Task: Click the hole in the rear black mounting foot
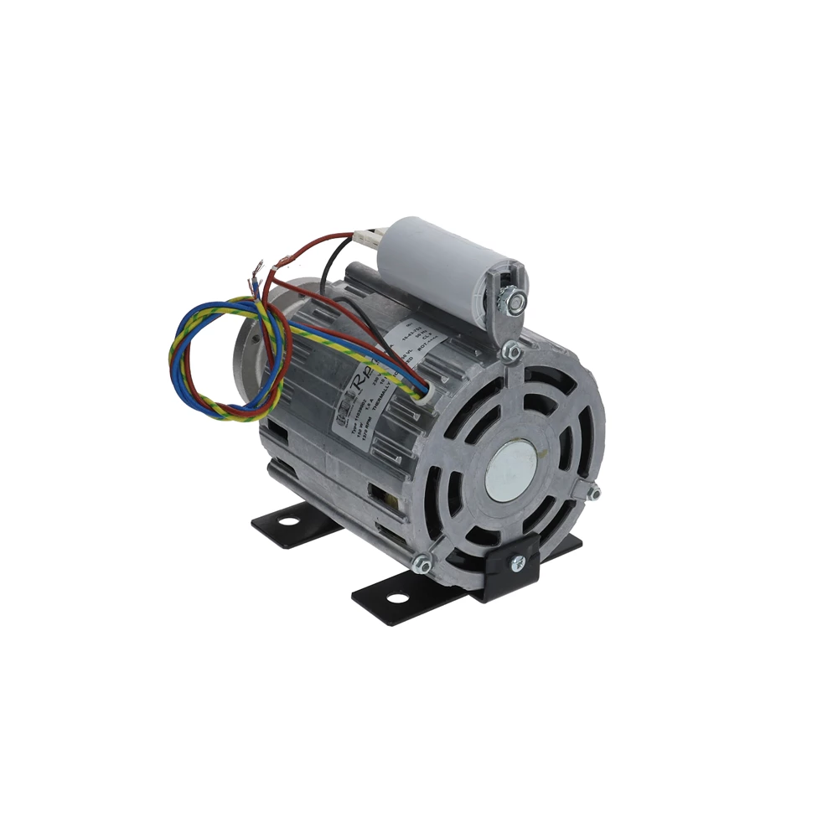click(287, 522)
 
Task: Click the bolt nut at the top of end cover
click(510, 354)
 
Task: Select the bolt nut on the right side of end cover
click(593, 494)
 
